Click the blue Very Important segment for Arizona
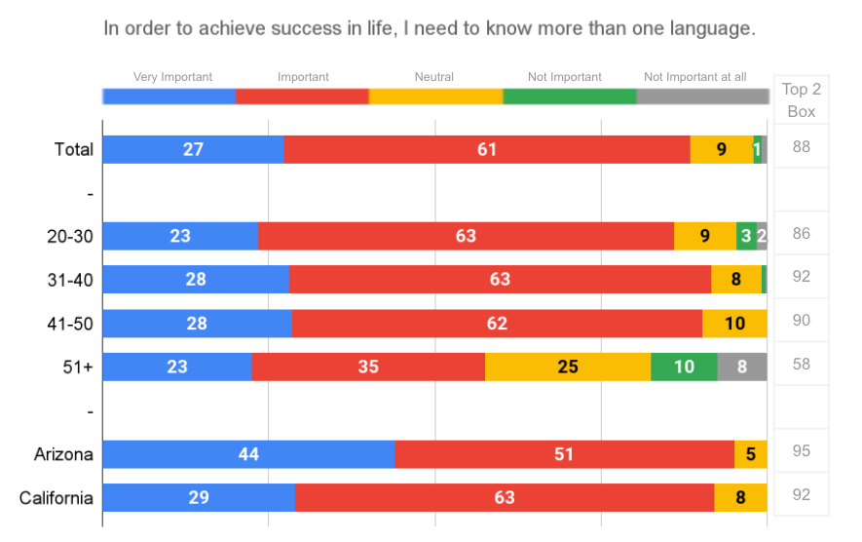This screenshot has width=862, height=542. pos(248,454)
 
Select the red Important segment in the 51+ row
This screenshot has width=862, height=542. pos(368,367)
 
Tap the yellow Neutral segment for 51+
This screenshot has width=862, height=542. pos(568,367)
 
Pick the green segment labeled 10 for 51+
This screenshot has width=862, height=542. pos(684,367)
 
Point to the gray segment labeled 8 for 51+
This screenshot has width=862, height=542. pos(742,367)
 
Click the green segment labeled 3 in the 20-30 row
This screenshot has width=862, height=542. pos(746,236)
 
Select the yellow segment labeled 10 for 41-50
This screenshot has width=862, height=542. pos(734,324)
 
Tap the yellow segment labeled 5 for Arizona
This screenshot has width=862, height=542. pos(751,454)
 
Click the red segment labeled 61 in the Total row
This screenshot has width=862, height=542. pos(487,149)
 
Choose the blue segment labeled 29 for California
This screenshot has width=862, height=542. pos(199,497)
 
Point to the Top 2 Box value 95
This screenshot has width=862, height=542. pos(802,451)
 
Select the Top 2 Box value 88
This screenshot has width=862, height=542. pos(802,147)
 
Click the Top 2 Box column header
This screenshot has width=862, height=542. pos(801,99)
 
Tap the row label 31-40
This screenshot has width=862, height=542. pos(70,280)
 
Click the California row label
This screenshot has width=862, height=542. pos(56,498)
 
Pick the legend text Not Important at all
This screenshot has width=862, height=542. pos(694,77)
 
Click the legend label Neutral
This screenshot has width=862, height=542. pos(433,77)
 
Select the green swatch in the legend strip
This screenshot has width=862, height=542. pos(570,97)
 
